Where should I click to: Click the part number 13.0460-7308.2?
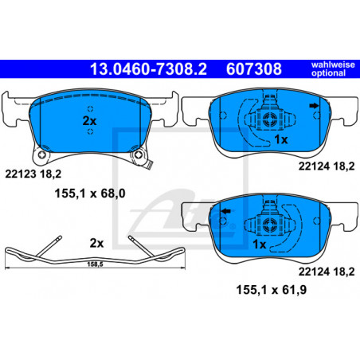(148, 69)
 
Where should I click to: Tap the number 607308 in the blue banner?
(254, 69)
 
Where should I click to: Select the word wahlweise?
(333, 65)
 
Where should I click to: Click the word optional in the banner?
(328, 73)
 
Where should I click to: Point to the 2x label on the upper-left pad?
(89, 121)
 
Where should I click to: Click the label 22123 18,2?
(33, 174)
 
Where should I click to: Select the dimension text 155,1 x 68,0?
(90, 194)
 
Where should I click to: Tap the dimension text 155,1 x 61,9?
(272, 289)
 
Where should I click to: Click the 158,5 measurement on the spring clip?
(95, 264)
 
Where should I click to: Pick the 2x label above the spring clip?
(96, 243)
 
